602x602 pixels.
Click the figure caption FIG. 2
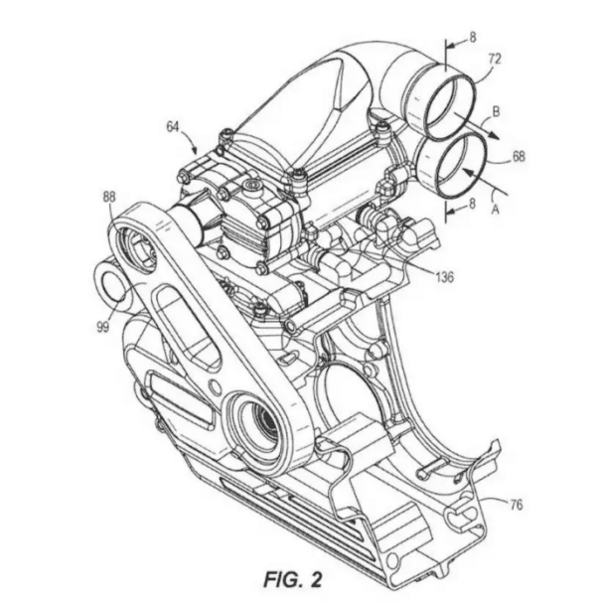293,580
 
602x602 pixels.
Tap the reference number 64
173,127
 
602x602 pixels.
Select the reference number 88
109,197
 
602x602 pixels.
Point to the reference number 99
103,327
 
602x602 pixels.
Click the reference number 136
444,276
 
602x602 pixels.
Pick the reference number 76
517,505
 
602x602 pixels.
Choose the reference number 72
495,59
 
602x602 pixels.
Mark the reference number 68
519,156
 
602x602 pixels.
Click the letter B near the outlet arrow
496,111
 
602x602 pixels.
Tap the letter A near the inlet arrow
496,210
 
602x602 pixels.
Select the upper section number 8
472,37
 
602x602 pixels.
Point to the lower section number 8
472,203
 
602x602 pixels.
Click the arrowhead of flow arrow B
495,136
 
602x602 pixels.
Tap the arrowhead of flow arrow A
467,171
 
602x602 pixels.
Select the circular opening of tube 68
462,166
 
